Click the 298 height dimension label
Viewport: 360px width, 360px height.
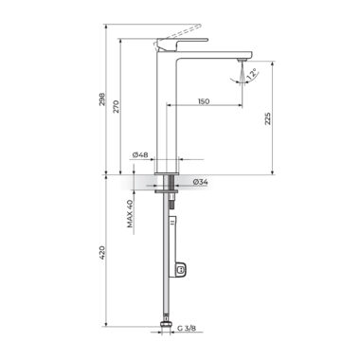coord(102,99)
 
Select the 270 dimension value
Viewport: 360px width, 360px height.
coord(117,106)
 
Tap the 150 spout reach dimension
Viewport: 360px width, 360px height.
coord(204,101)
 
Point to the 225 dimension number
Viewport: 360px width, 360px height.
coord(268,118)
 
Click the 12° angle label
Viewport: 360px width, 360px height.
coord(253,74)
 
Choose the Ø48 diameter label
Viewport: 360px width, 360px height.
coord(140,154)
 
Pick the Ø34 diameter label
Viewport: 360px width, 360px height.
coord(200,182)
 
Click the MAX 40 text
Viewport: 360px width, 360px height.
coord(130,214)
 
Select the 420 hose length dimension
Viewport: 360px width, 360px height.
coord(102,253)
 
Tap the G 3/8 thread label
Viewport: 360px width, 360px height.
coord(187,329)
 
